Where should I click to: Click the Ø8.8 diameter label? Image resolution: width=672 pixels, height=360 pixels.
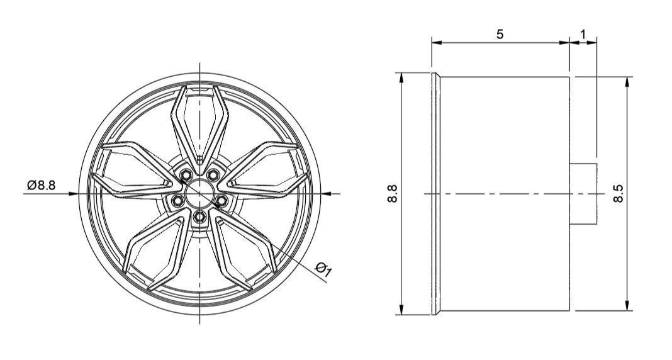pyautogui.click(x=42, y=185)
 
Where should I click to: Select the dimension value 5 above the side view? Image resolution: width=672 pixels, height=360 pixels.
pyautogui.click(x=500, y=34)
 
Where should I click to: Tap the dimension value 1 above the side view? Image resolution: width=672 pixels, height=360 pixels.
pyautogui.click(x=583, y=33)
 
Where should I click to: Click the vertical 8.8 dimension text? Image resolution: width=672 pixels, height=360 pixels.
pyautogui.click(x=393, y=194)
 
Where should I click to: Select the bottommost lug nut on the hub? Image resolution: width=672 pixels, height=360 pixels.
pyautogui.click(x=200, y=217)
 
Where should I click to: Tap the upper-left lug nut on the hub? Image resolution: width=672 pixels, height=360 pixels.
pyautogui.click(x=186, y=174)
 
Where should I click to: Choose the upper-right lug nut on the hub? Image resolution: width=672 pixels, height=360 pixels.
pyautogui.click(x=214, y=174)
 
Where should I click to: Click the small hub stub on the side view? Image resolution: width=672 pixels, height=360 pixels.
pyautogui.click(x=583, y=194)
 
